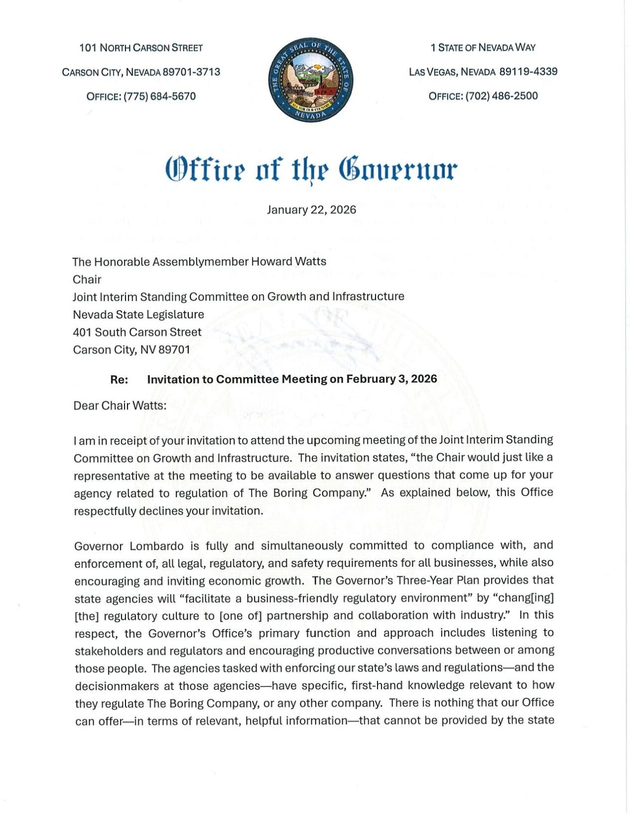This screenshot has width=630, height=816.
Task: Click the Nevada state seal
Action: click(311, 80)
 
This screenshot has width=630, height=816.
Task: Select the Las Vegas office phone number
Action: click(502, 96)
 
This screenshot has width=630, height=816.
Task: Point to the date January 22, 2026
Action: click(311, 209)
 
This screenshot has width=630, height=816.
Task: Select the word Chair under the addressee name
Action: click(87, 279)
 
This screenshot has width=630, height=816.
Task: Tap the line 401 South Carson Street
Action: click(137, 332)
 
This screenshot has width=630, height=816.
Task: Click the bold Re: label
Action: click(119, 379)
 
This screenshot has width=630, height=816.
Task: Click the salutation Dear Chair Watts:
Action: click(120, 405)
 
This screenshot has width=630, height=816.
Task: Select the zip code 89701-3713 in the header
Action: click(192, 72)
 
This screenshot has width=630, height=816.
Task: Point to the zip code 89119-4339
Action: click(528, 72)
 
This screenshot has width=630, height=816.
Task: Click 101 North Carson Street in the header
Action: click(141, 48)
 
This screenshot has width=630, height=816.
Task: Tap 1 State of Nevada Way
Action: click(483, 47)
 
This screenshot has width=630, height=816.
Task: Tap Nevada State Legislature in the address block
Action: click(138, 315)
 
